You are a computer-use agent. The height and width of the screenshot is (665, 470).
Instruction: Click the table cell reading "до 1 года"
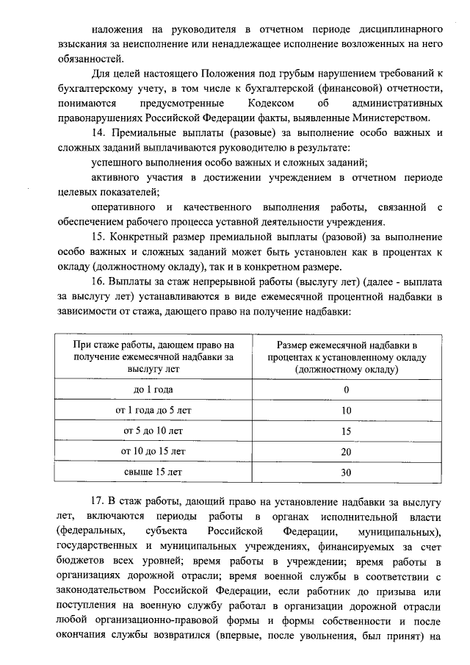point(153,389)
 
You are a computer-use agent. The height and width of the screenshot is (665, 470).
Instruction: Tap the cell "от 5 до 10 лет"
point(153,431)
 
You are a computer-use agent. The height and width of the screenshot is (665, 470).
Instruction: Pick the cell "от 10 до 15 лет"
point(153,450)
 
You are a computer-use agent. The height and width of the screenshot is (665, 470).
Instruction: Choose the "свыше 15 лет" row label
point(153,471)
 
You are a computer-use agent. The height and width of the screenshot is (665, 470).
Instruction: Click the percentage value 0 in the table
point(346,390)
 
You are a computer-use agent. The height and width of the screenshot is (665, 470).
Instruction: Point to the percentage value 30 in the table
point(346,472)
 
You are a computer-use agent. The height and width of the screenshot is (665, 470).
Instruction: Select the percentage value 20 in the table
point(346,451)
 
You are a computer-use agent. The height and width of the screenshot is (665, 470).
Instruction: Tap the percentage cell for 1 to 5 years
point(346,411)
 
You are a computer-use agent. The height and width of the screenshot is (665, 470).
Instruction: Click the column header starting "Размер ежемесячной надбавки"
point(346,358)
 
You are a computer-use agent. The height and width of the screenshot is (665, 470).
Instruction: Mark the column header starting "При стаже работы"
point(153,358)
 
